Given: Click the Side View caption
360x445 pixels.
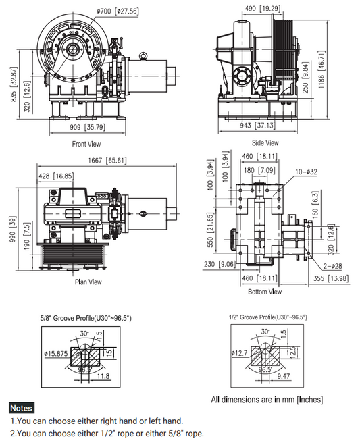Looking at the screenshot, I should pos(265,142).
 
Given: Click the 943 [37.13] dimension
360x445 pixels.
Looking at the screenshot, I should pos(257,126).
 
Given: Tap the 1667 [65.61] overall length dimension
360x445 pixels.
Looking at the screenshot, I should pos(105,161).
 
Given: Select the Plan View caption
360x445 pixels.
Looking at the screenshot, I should pos(88,282).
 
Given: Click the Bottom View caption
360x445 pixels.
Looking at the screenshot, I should pos(265,292).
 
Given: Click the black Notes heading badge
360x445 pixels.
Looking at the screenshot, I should pos(22,408).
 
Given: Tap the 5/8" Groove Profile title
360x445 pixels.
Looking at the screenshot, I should pos(85,317).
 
